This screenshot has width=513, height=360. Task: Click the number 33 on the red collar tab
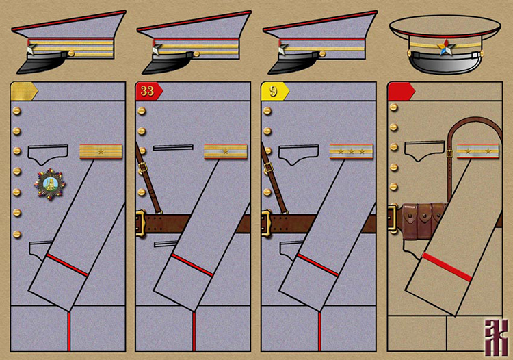[146, 91]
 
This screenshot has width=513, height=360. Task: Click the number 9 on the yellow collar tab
[273, 91]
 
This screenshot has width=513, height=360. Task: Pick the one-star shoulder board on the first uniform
[101, 151]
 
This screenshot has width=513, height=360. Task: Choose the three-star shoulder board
[351, 151]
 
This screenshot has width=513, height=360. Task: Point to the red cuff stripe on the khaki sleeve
[447, 267]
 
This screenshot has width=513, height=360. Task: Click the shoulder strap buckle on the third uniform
[269, 166]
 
